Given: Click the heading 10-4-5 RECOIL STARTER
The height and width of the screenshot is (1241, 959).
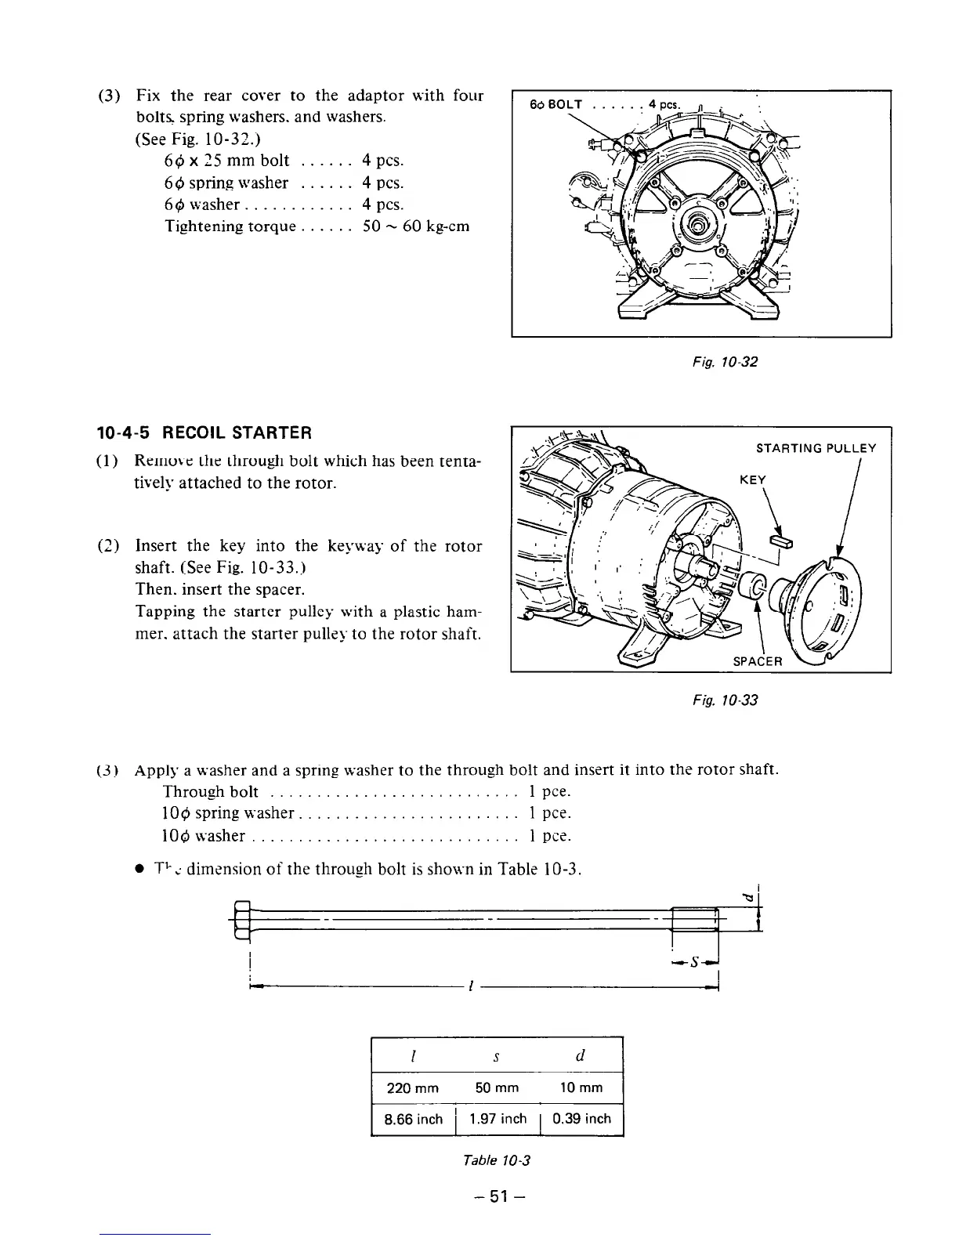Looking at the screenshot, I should pyautogui.click(x=204, y=432).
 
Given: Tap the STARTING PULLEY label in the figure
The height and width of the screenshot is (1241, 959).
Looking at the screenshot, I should pyautogui.click(x=815, y=448).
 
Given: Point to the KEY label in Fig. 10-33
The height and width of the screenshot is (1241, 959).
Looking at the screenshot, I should pyautogui.click(x=752, y=479).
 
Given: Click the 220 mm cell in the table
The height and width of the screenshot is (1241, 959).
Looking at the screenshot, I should pyautogui.click(x=413, y=1087).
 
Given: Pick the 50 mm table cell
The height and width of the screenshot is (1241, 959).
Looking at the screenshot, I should pyautogui.click(x=497, y=1087).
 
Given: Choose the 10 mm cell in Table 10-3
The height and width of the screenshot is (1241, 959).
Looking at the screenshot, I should pyautogui.click(x=581, y=1087).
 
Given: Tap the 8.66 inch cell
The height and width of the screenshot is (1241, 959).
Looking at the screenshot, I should pyautogui.click(x=413, y=1119).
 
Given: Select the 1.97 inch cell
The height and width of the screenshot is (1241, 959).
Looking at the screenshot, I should pyautogui.click(x=498, y=1119).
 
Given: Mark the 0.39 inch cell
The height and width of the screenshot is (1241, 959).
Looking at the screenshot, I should pyautogui.click(x=581, y=1119).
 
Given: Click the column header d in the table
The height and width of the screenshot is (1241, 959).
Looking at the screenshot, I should pyautogui.click(x=581, y=1055).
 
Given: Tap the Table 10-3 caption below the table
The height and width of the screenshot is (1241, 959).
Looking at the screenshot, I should pyautogui.click(x=497, y=1160).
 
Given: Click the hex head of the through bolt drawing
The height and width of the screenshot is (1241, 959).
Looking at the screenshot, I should pyautogui.click(x=241, y=919).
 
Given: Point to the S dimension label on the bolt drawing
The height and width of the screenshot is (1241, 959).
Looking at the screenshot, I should pyautogui.click(x=696, y=961).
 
